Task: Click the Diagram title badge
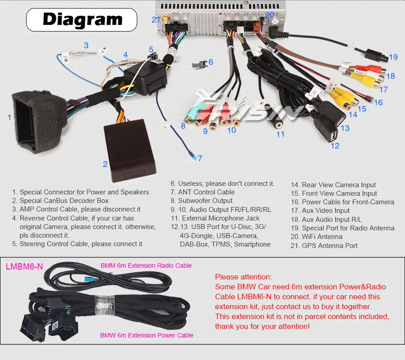click(82, 19)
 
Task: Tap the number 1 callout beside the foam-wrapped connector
click(9, 117)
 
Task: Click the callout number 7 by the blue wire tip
click(200, 158)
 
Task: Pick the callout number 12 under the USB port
click(335, 145)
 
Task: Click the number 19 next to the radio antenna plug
click(393, 57)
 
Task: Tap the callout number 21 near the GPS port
click(156, 19)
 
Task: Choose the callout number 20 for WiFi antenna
click(270, 15)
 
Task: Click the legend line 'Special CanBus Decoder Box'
click(64, 201)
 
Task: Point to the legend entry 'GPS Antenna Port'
click(329, 245)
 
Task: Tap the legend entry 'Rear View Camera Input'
click(338, 184)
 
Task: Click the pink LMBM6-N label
click(24, 266)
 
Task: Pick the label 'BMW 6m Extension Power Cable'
click(147, 335)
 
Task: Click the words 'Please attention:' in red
click(243, 277)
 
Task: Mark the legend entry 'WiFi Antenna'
click(322, 237)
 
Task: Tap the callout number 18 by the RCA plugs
click(390, 76)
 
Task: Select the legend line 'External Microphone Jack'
click(220, 218)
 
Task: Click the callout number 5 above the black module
click(151, 50)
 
